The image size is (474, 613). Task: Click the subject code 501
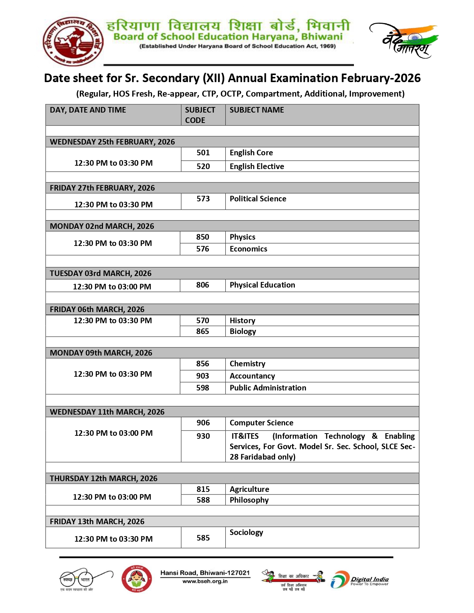pyautogui.click(x=203, y=153)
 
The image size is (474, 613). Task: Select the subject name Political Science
pyautogui.click(x=258, y=199)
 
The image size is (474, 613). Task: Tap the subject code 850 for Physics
pyautogui.click(x=203, y=237)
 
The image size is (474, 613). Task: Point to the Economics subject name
pyautogui.click(x=248, y=249)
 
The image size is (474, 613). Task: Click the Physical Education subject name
pyautogui.click(x=262, y=285)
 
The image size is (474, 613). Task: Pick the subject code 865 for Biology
pyautogui.click(x=203, y=331)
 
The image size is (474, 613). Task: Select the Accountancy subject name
pyautogui.click(x=252, y=376)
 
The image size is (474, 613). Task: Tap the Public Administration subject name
pyautogui.click(x=268, y=388)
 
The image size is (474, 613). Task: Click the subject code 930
pyautogui.click(x=203, y=436)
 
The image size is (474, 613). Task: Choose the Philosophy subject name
pyautogui.click(x=249, y=500)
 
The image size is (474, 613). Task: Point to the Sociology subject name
pyautogui.click(x=246, y=532)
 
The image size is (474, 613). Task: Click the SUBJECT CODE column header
pyautogui.click(x=200, y=115)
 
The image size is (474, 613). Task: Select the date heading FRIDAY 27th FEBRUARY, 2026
pyautogui.click(x=102, y=188)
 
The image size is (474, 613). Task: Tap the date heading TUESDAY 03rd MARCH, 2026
pyautogui.click(x=100, y=273)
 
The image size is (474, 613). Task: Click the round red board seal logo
pyautogui.click(x=74, y=41)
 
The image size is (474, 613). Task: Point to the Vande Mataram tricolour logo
pyautogui.click(x=404, y=40)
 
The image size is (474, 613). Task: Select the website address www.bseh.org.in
pyautogui.click(x=205, y=581)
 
